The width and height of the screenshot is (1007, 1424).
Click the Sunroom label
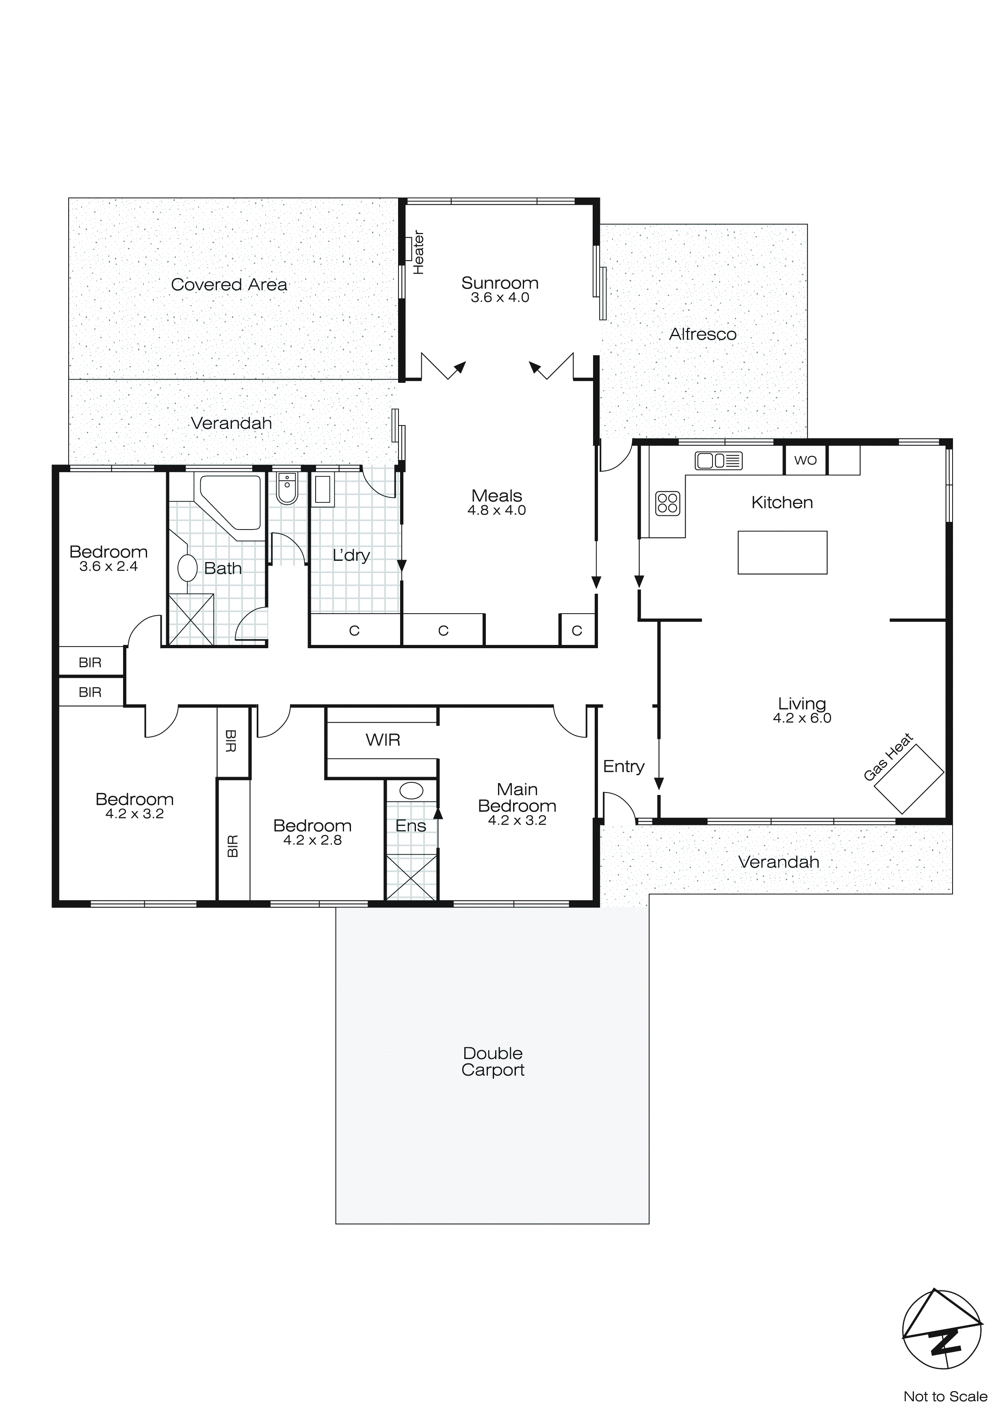(x=500, y=283)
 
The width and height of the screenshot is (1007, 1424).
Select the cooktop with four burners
(x=667, y=503)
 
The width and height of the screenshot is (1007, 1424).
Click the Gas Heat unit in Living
(x=908, y=779)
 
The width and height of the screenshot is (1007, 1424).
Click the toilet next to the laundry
(x=287, y=489)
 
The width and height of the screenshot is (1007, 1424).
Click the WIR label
(x=383, y=740)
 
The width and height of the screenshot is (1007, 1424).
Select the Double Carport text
(x=493, y=1062)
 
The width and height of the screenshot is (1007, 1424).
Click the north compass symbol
(x=941, y=1330)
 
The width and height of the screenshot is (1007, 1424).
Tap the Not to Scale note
(x=945, y=1396)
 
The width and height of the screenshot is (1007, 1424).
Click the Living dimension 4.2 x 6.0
(x=802, y=718)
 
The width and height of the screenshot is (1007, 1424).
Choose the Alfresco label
(x=702, y=334)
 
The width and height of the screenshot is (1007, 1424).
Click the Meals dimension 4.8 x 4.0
(x=497, y=510)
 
